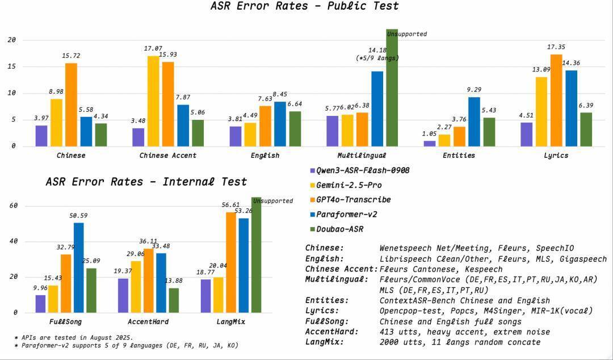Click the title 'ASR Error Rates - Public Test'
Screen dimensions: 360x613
pyautogui.click(x=304, y=6)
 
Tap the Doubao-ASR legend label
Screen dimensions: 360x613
pyautogui.click(x=340, y=229)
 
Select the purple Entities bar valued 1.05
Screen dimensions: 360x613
pyautogui.click(x=429, y=143)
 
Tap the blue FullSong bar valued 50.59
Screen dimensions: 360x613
pyautogui.click(x=78, y=267)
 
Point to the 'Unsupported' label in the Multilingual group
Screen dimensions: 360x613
pyautogui.click(x=406, y=34)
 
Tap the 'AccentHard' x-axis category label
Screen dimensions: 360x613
pyautogui.click(x=153, y=322)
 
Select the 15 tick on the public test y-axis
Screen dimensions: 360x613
pyautogui.click(x=11, y=66)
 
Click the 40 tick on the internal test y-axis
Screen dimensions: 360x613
pyautogui.click(x=14, y=241)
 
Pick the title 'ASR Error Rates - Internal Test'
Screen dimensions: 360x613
pyautogui.click(x=146, y=182)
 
